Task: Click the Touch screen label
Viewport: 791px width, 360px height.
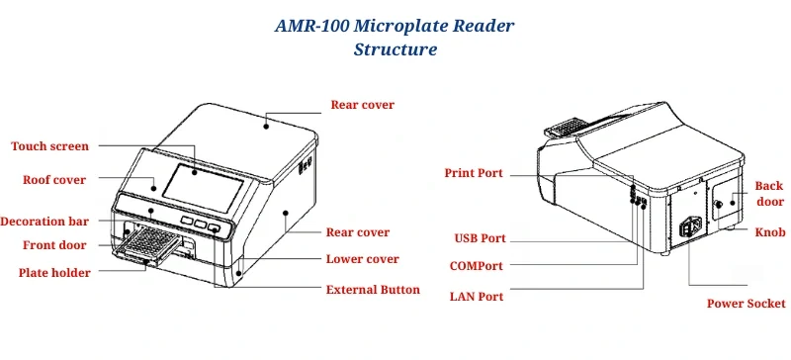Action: [x=49, y=146]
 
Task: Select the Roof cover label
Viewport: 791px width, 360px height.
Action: [x=54, y=180]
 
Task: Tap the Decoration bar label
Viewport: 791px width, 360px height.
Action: [x=44, y=222]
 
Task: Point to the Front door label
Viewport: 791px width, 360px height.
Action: [x=53, y=245]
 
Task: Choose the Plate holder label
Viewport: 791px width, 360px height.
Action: [x=54, y=273]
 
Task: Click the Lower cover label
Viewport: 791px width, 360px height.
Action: [x=363, y=259]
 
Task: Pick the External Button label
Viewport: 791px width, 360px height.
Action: [x=373, y=290]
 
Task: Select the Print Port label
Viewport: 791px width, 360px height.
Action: [x=473, y=173]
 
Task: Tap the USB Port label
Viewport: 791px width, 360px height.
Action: [x=480, y=238]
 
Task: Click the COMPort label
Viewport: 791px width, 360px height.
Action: [x=476, y=266]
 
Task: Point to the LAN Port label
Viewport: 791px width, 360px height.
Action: [x=477, y=296]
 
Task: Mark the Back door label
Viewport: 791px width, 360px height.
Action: [x=769, y=194]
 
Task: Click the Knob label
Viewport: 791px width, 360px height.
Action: [x=770, y=232]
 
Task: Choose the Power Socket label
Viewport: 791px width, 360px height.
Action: [x=746, y=304]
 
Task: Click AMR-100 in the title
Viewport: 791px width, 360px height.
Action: [x=316, y=26]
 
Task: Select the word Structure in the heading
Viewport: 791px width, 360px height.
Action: [x=395, y=49]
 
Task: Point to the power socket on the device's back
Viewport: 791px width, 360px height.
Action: [x=690, y=228]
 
